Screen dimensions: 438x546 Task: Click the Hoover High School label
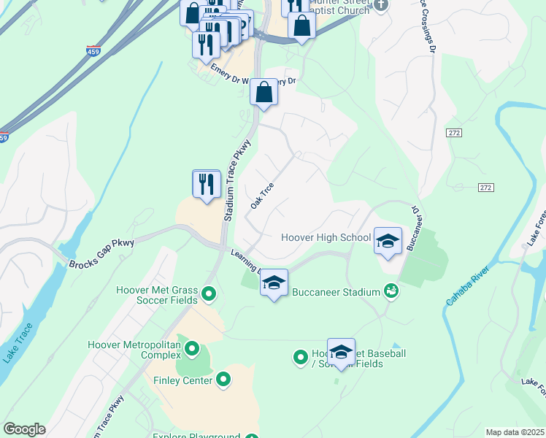coord(326,237)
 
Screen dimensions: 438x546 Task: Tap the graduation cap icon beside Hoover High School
coord(388,240)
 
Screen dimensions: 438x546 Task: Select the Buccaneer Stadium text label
coord(336,292)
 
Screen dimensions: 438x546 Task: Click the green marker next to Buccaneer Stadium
coord(391,291)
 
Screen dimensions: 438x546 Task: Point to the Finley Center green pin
coord(223,380)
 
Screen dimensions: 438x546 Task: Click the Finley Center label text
coord(182,380)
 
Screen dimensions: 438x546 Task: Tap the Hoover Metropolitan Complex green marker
coord(192,349)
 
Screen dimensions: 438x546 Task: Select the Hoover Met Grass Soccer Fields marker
coord(209,294)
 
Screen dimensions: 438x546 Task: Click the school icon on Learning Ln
coord(274,283)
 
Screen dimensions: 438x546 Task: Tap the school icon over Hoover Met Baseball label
coord(341,352)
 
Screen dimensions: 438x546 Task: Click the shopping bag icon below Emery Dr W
coord(264,93)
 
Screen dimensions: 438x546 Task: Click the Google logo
coord(24,429)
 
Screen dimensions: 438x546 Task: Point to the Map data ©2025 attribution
coord(515,432)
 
